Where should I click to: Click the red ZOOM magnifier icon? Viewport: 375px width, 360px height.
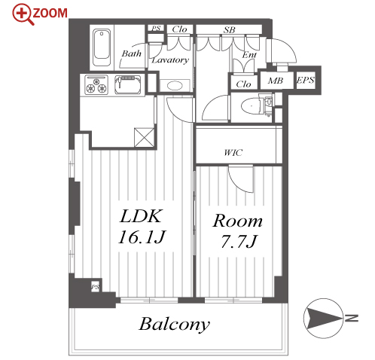[23, 14]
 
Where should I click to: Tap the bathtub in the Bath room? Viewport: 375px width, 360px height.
[102, 47]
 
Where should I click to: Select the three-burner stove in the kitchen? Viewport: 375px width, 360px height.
[96, 84]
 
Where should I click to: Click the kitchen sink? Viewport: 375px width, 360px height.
[128, 84]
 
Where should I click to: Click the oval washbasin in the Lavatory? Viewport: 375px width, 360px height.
[175, 86]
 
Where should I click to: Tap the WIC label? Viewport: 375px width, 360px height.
[233, 152]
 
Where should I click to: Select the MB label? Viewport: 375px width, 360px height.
[276, 81]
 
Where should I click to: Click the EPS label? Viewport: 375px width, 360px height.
[305, 80]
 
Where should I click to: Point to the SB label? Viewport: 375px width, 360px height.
[229, 30]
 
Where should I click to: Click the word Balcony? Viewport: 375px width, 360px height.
[174, 324]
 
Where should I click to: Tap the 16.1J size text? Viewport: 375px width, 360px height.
[142, 237]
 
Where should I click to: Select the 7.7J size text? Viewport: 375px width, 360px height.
[239, 242]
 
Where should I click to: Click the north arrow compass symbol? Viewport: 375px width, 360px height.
[323, 318]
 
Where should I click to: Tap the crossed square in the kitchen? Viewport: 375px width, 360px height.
[144, 137]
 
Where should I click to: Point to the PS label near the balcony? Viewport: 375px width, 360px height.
[95, 286]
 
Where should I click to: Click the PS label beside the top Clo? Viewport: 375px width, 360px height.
[156, 28]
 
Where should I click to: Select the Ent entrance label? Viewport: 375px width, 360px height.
[249, 55]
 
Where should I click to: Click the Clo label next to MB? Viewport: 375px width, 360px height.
[243, 84]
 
